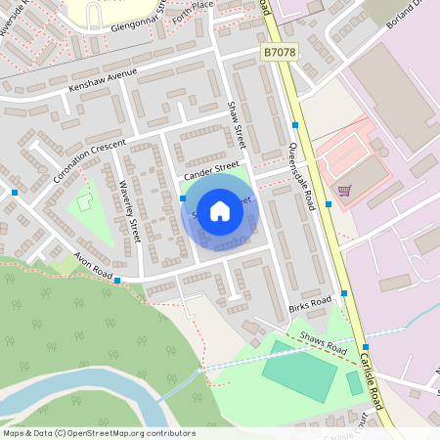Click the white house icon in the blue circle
point(219,211)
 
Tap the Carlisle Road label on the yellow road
point(377,382)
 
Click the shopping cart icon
point(343,191)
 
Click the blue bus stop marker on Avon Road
point(117,281)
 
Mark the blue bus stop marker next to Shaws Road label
point(364,347)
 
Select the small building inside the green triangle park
point(84,202)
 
